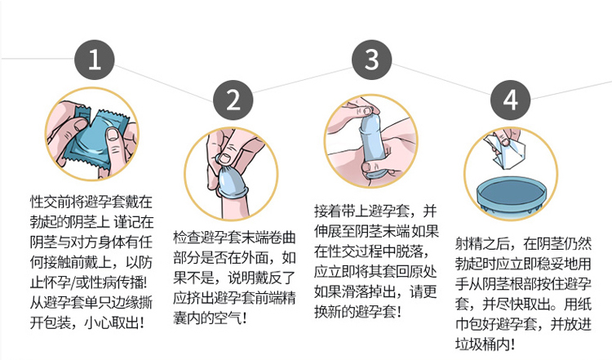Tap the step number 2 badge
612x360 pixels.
click(x=233, y=100)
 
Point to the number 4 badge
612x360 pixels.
click(x=511, y=100)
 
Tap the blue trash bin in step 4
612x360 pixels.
click(x=512, y=192)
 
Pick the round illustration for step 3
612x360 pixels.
click(x=371, y=143)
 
